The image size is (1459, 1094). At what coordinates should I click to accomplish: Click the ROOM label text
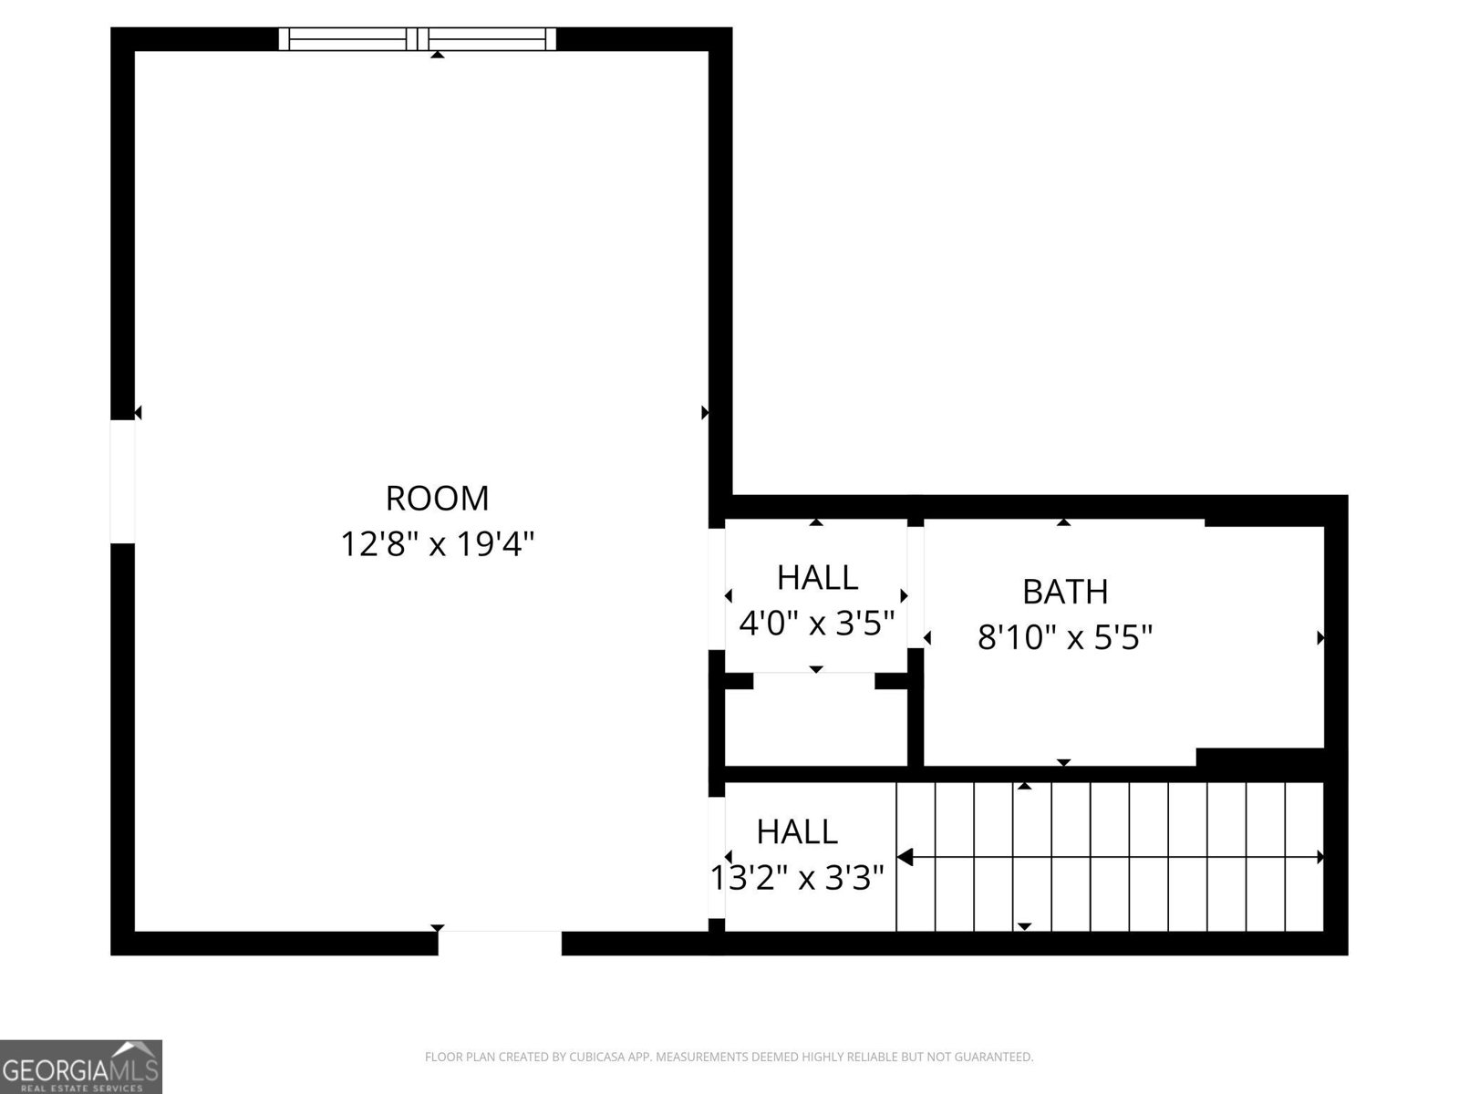437,499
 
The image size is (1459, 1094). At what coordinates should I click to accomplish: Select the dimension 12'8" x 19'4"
437,545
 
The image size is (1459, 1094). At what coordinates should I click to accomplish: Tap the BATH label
1064,592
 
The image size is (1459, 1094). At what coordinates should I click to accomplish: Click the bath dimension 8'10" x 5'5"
1064,637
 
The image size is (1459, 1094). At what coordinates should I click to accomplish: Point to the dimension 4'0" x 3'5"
816,624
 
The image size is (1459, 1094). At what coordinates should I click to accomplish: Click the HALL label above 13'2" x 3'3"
797,831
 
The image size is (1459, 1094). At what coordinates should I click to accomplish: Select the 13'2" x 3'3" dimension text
797,879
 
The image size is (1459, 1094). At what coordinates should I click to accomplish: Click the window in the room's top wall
417,38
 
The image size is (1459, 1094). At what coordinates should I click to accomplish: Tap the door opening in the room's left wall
122,481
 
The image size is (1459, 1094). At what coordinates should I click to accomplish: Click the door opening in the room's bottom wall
499,943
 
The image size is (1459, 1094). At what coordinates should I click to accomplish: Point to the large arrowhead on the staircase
905,857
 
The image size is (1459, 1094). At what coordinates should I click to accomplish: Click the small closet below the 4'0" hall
815,728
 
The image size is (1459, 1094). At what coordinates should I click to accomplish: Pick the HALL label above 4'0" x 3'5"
817,578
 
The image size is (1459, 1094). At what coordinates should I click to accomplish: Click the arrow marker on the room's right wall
705,413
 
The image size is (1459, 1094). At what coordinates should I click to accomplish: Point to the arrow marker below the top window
438,55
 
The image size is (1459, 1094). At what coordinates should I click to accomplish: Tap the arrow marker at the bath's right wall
1320,638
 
